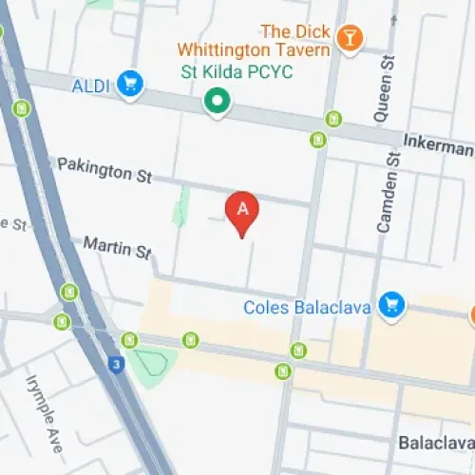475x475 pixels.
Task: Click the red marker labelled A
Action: coord(242,212)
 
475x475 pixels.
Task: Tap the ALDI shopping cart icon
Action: coord(128,84)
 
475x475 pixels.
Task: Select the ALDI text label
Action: coord(91,85)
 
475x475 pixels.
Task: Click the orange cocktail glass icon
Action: coord(351,38)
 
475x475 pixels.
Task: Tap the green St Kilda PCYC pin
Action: coord(218,101)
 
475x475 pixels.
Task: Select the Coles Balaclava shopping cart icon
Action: coord(389,305)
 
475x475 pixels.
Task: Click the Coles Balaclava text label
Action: coord(306,307)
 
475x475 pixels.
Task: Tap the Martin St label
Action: coord(117,247)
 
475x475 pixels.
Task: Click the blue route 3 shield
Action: coord(115,364)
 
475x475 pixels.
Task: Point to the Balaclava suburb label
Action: coord(438,444)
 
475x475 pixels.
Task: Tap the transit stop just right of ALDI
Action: coord(332,119)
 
